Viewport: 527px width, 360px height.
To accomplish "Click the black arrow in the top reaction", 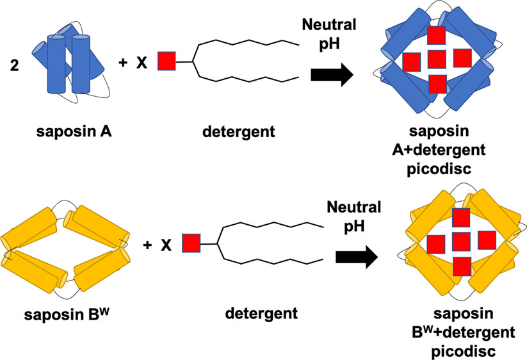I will click(332, 75).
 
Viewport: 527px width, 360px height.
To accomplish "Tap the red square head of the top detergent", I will click(165, 61).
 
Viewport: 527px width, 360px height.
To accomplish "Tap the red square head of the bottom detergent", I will click(191, 243).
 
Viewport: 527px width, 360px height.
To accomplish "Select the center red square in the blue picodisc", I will click(437, 59).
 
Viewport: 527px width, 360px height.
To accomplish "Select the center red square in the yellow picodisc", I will click(461, 241).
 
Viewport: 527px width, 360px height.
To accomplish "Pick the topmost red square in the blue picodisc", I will click(437, 37).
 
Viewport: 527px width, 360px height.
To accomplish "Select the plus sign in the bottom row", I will click(148, 245).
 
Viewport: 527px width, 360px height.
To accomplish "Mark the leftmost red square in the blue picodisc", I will click(412, 61).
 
